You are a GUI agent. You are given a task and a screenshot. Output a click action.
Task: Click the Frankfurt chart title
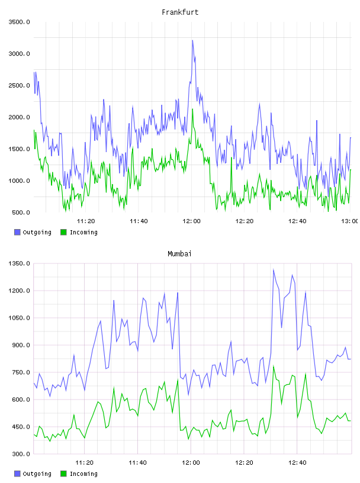coord(180,12)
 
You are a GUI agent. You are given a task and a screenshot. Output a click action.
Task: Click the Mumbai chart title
coord(179,254)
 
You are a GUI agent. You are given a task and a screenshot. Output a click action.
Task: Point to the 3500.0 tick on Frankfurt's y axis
coord(19,22)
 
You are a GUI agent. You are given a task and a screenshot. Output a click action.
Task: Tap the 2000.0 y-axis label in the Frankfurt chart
coord(19,117)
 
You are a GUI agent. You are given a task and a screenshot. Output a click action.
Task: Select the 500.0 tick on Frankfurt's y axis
coord(21,212)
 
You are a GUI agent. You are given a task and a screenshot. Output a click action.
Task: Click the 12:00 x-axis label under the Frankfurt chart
coord(191,221)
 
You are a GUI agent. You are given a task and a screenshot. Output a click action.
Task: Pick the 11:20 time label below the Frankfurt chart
coord(86,221)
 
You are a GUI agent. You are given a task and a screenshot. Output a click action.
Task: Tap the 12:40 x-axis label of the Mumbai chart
coord(297,463)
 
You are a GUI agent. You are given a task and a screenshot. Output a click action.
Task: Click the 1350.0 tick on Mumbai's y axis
coord(19,263)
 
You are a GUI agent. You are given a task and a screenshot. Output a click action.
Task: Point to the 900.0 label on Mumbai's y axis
coord(21,345)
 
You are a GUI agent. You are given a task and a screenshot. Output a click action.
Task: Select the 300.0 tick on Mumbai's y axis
coord(21,454)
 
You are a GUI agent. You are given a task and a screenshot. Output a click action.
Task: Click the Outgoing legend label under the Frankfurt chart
coord(37,233)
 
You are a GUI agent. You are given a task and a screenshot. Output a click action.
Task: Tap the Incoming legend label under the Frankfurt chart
coord(83,233)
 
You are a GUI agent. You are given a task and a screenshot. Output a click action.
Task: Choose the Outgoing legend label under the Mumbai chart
coord(37,474)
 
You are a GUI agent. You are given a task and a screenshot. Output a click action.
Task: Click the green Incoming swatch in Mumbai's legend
coord(63,474)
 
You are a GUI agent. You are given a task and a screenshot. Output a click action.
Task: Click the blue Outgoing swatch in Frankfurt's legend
coord(17,232)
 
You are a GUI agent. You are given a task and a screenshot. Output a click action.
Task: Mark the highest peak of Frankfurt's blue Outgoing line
coord(192,40)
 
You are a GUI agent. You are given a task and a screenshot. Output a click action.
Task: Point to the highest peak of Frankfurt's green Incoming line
coord(192,109)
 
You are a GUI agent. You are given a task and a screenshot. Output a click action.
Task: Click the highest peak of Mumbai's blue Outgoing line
coord(274,269)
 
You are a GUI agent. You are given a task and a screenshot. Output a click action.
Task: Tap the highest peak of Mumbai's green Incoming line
coord(274,366)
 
